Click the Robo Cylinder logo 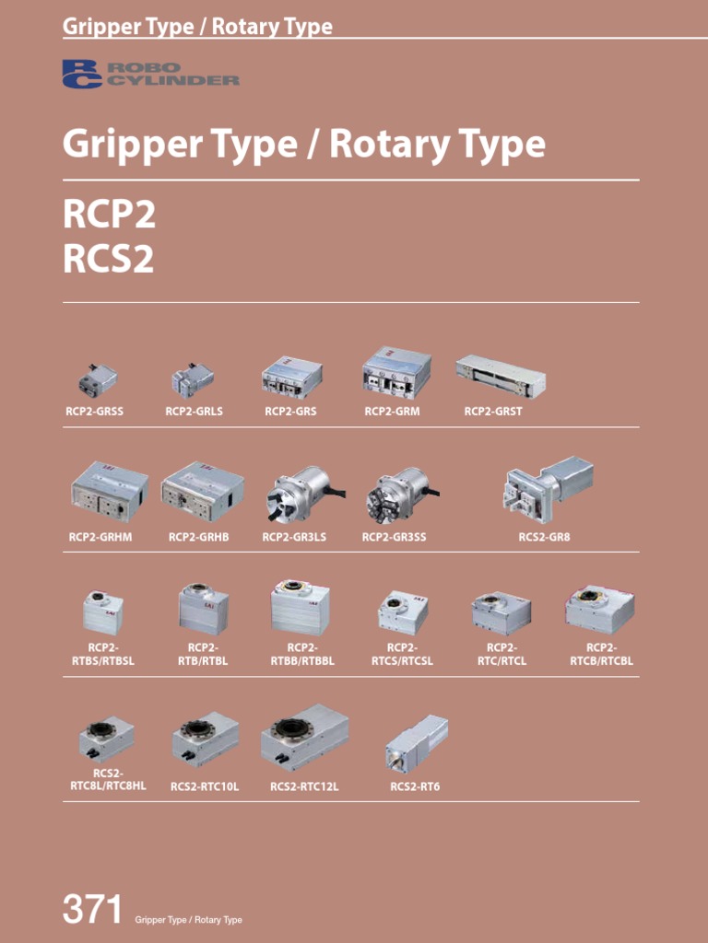pos(150,74)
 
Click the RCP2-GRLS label pos(194,412)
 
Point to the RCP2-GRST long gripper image pos(501,376)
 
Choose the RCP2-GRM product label pos(392,412)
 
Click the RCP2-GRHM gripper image pos(109,491)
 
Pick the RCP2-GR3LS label pos(294,537)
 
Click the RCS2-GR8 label pos(544,537)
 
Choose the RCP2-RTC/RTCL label pos(501,655)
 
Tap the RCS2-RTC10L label pos(205,786)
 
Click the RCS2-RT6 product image pos(416,743)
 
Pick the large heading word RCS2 pos(109,260)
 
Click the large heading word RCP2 pos(109,215)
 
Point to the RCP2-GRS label pos(290,412)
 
